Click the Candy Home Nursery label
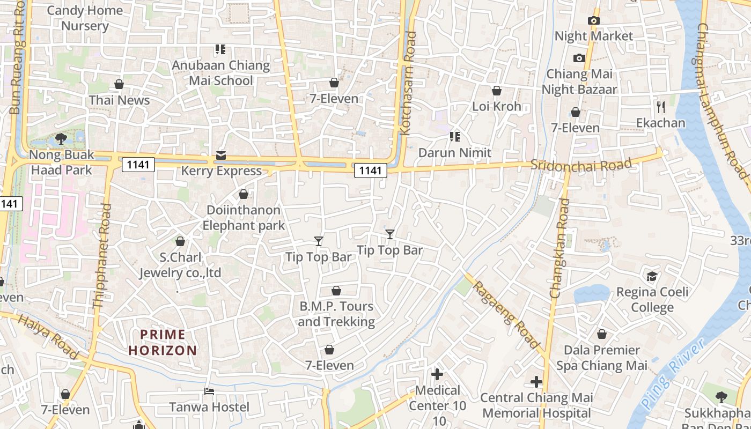point(85,18)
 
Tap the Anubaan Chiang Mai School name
point(221,73)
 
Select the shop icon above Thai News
point(119,84)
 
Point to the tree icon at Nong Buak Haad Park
point(61,139)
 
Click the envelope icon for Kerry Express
point(221,156)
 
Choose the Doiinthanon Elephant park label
point(244,218)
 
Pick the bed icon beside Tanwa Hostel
point(209,391)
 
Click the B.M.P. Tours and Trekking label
point(336,314)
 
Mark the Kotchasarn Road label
point(409,83)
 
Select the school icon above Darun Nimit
point(455,137)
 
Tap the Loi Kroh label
point(497,106)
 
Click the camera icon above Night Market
point(593,20)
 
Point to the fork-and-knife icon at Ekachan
point(660,107)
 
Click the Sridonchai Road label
point(581,164)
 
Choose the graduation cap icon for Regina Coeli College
point(652,276)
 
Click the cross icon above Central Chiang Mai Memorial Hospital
point(536,382)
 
